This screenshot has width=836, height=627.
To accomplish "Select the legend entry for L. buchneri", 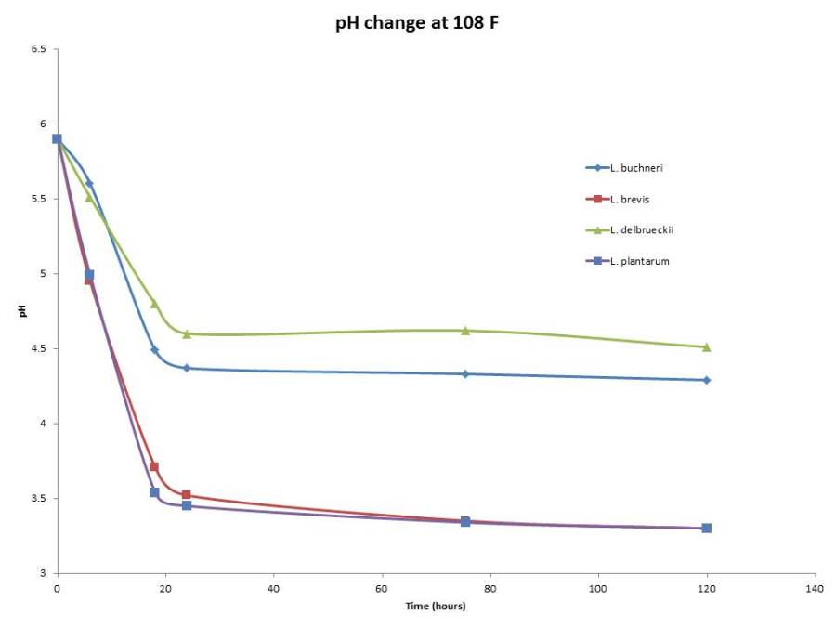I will [636, 168].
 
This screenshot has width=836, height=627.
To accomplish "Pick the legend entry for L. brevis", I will [630, 199].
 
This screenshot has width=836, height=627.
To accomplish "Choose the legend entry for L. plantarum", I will [639, 261].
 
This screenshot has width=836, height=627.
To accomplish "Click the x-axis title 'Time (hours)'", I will [435, 607].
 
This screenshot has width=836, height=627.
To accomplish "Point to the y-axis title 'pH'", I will [21, 311].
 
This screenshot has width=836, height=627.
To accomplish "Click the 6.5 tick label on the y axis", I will [39, 49].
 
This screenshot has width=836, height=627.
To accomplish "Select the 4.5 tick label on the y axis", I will [39, 348].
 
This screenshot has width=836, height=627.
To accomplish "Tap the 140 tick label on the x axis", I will [815, 589].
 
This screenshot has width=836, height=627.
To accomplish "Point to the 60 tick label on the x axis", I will [382, 589].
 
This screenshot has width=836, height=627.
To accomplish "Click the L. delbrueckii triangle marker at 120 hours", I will [707, 346].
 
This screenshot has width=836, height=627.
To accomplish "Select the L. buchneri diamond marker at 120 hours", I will [707, 380].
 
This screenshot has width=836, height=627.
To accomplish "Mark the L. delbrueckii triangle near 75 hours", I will [465, 330].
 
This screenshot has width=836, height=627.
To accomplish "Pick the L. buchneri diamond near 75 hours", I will [465, 373].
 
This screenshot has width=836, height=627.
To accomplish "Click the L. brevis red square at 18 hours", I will [154, 466].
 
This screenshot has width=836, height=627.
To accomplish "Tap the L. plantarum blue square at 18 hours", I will [154, 492].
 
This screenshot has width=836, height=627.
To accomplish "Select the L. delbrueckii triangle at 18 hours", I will [154, 303].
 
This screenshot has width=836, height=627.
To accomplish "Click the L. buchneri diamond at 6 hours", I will [89, 184].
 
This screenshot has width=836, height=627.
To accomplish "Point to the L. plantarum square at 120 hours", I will [707, 528].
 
